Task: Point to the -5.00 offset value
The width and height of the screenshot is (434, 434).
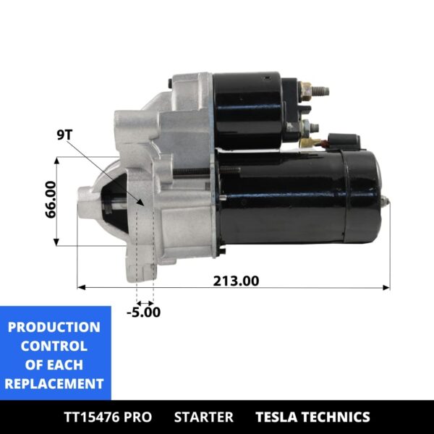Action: (144, 312)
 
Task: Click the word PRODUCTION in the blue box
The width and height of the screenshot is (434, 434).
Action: (54, 327)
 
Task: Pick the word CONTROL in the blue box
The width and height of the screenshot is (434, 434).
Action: (54, 346)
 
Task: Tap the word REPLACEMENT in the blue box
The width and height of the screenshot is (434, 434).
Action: (54, 384)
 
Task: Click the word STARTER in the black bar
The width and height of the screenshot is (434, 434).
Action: (204, 417)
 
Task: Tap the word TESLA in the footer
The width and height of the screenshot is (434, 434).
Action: (278, 417)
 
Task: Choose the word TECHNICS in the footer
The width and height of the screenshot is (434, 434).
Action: (336, 417)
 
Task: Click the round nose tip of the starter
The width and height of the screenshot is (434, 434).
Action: (83, 203)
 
